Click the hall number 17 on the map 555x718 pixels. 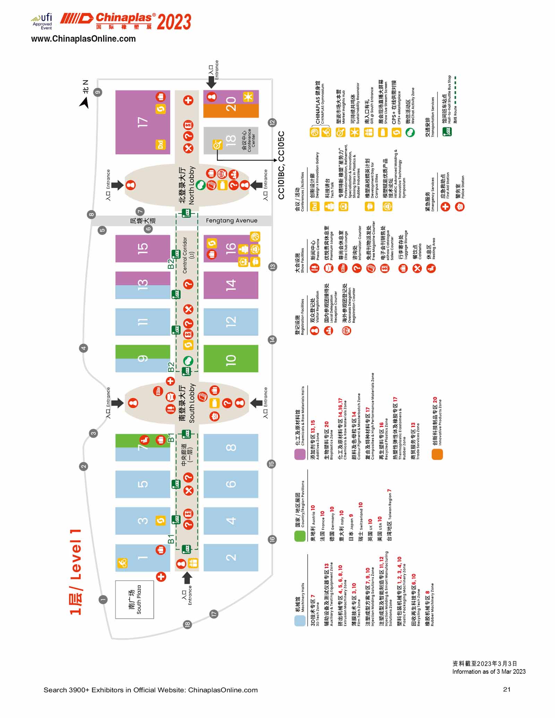point(143,122)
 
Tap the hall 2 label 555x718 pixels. point(231,557)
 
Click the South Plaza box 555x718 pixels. point(135,599)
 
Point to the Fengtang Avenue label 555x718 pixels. point(231,220)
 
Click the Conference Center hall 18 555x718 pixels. point(231,140)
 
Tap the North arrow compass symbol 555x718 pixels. point(84,103)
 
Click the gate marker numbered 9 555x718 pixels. point(98,92)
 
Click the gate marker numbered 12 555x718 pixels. point(272,122)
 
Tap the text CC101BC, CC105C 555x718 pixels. point(281,165)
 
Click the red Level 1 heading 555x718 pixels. point(76,572)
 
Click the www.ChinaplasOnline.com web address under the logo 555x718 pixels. point(83,39)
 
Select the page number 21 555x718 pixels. point(506,690)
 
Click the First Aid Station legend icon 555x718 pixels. point(445,207)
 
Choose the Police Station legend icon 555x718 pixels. point(460,207)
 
